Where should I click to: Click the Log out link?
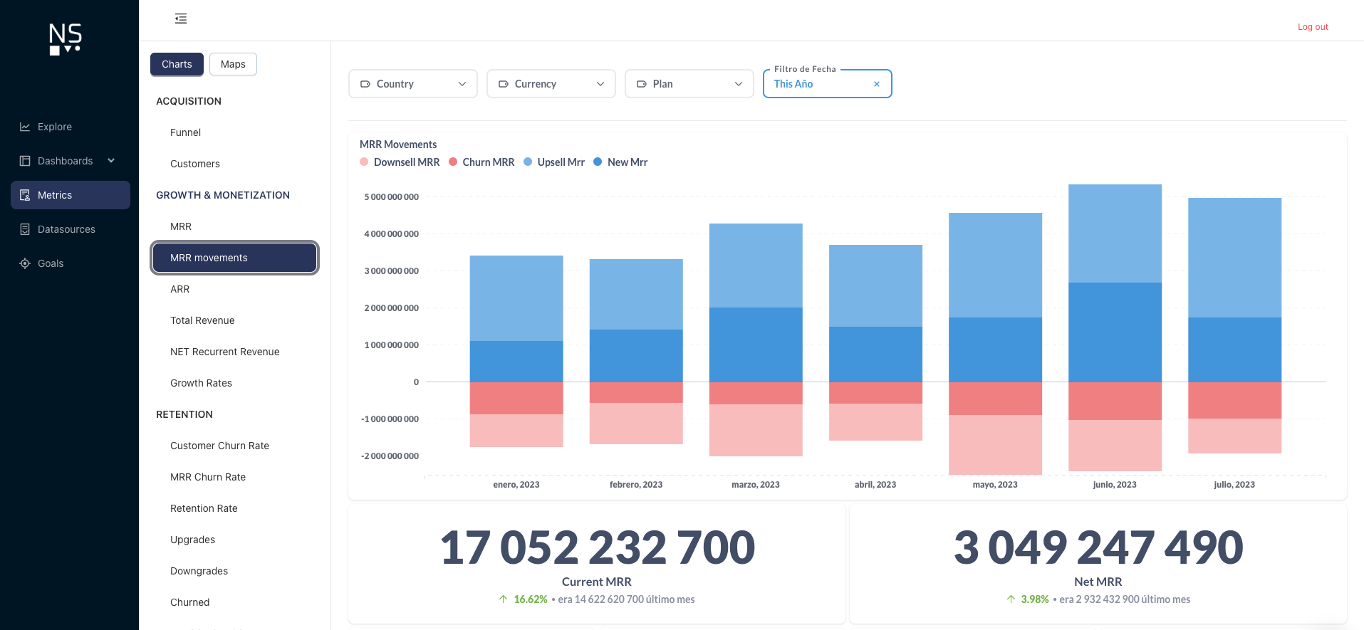1312,27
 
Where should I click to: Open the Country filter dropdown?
412,84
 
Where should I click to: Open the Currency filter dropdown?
551,84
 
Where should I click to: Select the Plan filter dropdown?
689,84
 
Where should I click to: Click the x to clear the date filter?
877,84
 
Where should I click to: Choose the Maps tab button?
233,64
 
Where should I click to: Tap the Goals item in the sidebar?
51,263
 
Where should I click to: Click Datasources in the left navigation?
66,229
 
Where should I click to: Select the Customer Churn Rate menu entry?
219,446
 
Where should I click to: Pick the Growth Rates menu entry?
201,383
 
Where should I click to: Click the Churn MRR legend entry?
488,162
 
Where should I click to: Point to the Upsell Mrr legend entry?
561,162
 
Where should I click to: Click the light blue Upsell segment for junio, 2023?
1115,233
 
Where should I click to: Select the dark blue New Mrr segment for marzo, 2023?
756,345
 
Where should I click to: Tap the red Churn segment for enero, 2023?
516,398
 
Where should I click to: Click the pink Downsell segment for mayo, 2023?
995,444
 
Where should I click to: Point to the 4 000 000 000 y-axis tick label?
391,234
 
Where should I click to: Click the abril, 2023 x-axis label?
875,485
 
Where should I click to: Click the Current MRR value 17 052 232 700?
597,547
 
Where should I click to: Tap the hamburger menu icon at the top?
181,19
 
